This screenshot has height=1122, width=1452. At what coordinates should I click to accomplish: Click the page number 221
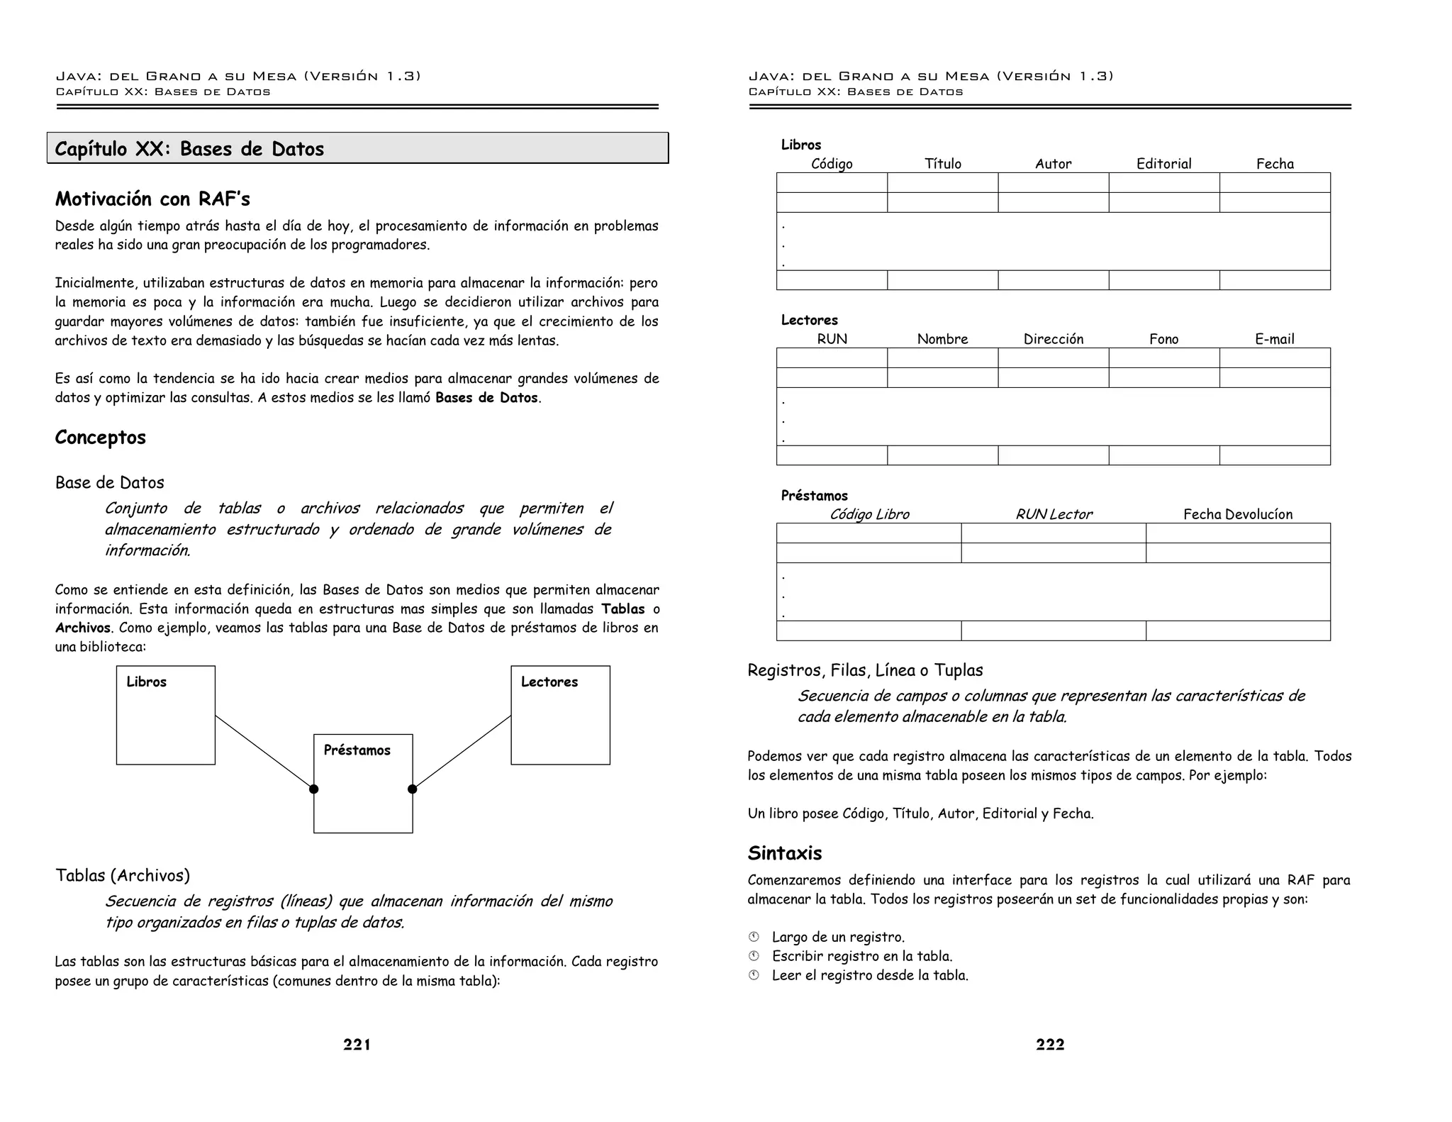click(357, 1044)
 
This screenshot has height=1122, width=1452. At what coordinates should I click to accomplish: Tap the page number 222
click(1049, 1044)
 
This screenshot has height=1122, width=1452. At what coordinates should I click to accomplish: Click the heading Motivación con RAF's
click(152, 199)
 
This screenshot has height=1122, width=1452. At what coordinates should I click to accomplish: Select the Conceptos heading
click(101, 437)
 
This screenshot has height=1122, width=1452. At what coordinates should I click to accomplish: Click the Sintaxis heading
click(785, 853)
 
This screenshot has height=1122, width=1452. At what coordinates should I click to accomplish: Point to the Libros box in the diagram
click(166, 715)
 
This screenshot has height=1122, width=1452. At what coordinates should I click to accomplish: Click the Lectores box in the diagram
click(560, 715)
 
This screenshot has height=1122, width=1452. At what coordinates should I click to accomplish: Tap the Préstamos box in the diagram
click(363, 783)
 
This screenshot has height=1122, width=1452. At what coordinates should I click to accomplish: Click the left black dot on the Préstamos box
click(314, 789)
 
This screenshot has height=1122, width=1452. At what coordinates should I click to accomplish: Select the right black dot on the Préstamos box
click(413, 789)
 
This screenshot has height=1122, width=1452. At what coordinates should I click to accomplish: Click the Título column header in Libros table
click(943, 164)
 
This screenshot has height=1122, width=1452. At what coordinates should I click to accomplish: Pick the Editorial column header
click(1163, 164)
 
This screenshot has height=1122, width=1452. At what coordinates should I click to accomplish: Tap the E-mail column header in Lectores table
click(1274, 339)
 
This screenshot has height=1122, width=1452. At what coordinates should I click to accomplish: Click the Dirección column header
click(1053, 339)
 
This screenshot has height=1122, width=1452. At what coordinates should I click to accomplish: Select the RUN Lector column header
click(1054, 514)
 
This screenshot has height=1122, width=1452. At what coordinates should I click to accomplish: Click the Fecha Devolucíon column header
click(1238, 514)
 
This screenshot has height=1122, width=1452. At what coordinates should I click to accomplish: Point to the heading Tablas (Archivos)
click(123, 875)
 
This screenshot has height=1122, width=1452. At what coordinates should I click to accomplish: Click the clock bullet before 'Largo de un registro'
click(754, 937)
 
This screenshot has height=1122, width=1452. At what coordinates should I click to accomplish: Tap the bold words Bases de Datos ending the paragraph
click(486, 398)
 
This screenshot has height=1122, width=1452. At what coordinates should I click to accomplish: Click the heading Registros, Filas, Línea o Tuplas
click(865, 670)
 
